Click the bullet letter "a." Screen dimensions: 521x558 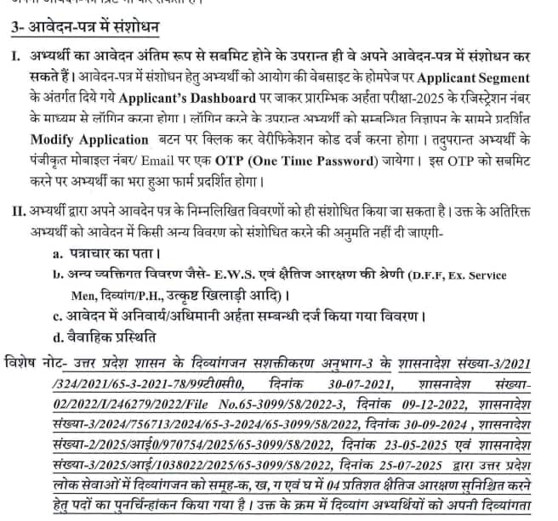click(57, 254)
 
